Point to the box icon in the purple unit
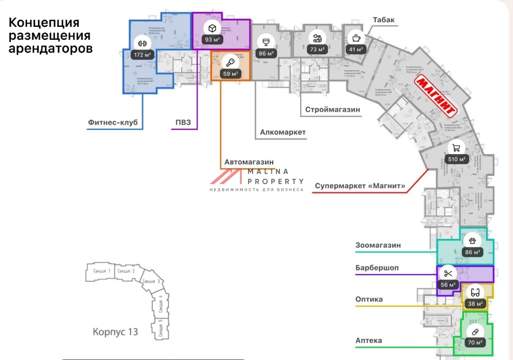click(x=212, y=28)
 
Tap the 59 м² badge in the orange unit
click(x=230, y=74)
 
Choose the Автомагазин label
click(x=248, y=162)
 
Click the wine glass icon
click(x=266, y=41)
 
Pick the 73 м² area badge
click(x=317, y=50)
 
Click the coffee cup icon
click(x=356, y=38)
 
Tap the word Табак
click(x=384, y=20)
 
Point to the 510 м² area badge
click(x=456, y=159)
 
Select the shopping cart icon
click(x=456, y=147)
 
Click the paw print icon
click(x=472, y=241)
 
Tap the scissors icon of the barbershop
click(x=448, y=273)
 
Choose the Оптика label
click(x=369, y=299)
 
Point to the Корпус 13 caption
click(x=115, y=332)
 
